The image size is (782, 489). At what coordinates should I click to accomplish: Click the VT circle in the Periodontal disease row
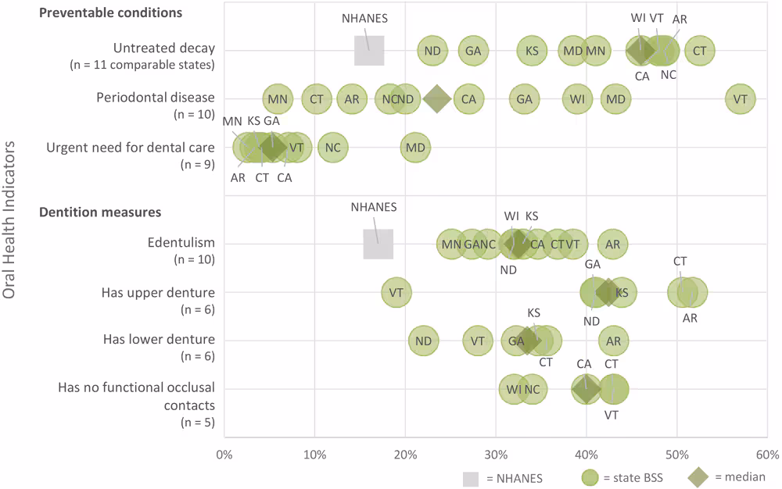(x=740, y=99)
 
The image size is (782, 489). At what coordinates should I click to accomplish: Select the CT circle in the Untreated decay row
(x=699, y=51)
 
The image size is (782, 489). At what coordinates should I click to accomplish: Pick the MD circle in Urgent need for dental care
(x=415, y=148)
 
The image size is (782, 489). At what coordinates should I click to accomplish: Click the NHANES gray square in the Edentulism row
(x=378, y=244)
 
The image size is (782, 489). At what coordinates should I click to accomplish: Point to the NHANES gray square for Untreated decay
(x=369, y=51)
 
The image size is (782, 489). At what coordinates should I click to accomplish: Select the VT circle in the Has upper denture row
(x=396, y=293)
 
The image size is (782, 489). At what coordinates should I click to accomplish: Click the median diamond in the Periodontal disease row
(x=437, y=99)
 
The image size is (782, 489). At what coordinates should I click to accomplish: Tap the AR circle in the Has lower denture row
(x=613, y=341)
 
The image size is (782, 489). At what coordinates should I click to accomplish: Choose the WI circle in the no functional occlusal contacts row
(x=514, y=389)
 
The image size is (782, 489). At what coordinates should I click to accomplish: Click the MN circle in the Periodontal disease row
(x=277, y=99)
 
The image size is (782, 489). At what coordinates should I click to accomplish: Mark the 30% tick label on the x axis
(x=495, y=455)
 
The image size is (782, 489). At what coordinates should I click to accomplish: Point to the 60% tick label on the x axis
(x=766, y=455)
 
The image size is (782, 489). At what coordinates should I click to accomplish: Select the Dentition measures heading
(x=101, y=212)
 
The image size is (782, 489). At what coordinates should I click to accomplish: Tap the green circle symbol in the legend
(x=591, y=477)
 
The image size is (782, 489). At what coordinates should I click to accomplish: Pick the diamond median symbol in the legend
(x=698, y=477)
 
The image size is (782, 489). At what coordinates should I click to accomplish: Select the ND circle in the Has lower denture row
(x=424, y=341)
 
